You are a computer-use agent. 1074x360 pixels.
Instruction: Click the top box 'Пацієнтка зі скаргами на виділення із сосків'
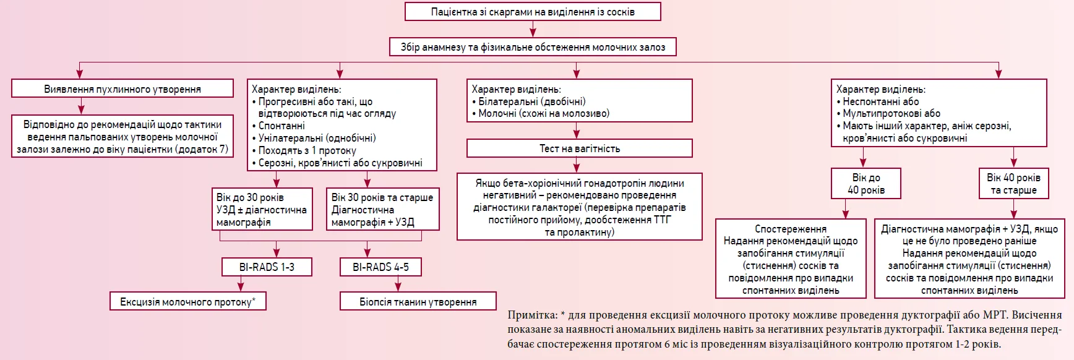coord(533,12)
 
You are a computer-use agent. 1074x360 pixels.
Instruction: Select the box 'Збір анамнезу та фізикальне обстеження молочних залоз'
coord(533,47)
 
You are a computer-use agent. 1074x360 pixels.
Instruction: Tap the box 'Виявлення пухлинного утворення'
coord(122,88)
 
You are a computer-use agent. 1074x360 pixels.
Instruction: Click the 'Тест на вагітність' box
coord(580,148)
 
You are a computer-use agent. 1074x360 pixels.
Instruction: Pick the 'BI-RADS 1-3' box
coord(267,267)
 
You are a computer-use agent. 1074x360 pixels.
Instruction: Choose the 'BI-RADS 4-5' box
coord(380,267)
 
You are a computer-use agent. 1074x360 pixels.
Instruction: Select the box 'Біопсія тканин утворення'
coord(418,301)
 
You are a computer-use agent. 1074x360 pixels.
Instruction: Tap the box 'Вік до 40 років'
coord(866,184)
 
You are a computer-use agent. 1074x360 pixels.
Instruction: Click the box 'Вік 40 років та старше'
coord(1013,184)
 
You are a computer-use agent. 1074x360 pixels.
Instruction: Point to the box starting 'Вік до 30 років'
coord(261,209)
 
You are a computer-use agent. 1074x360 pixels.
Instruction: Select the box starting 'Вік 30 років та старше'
coord(382,209)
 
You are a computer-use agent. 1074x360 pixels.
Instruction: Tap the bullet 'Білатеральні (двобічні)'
coord(528,101)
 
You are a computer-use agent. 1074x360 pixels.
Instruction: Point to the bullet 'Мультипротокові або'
coord(888,113)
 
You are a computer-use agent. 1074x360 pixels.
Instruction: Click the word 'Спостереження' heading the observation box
coord(790,229)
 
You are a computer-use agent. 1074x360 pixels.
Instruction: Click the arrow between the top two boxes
coord(533,29)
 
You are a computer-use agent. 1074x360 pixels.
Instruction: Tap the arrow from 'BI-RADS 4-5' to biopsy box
coord(398,284)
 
